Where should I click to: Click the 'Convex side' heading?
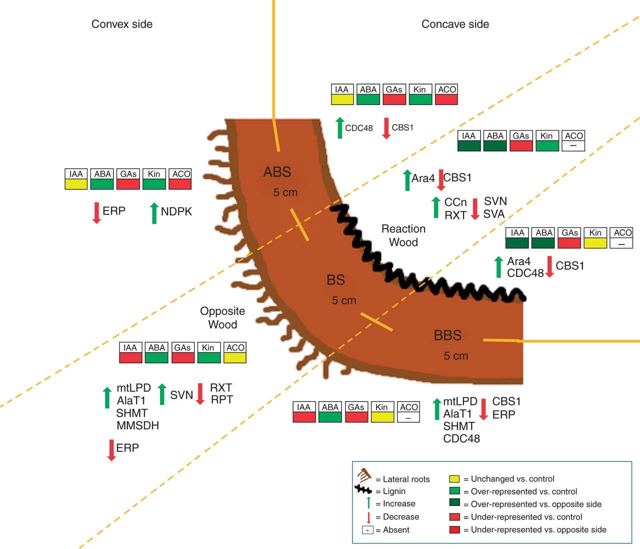[121, 24]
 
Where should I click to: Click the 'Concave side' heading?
[455, 24]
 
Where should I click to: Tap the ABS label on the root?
[277, 172]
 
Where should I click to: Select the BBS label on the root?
[447, 335]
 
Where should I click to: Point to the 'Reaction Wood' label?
[403, 235]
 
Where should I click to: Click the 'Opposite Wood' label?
[222, 317]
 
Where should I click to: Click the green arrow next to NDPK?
[154, 213]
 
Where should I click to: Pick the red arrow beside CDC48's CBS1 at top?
[386, 128]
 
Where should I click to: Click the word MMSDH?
[137, 426]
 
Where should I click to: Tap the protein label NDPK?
[176, 212]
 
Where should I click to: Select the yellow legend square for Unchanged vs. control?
[454, 479]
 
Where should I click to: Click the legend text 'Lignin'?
[394, 491]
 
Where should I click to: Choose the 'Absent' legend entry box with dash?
[367, 530]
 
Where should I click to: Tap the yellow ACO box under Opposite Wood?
[235, 357]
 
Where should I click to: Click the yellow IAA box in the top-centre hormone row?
[342, 99]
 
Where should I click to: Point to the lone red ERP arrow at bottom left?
[111, 449]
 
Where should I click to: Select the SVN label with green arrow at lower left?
[181, 395]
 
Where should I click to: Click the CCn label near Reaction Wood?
[455, 202]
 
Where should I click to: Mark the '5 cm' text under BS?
[344, 301]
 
